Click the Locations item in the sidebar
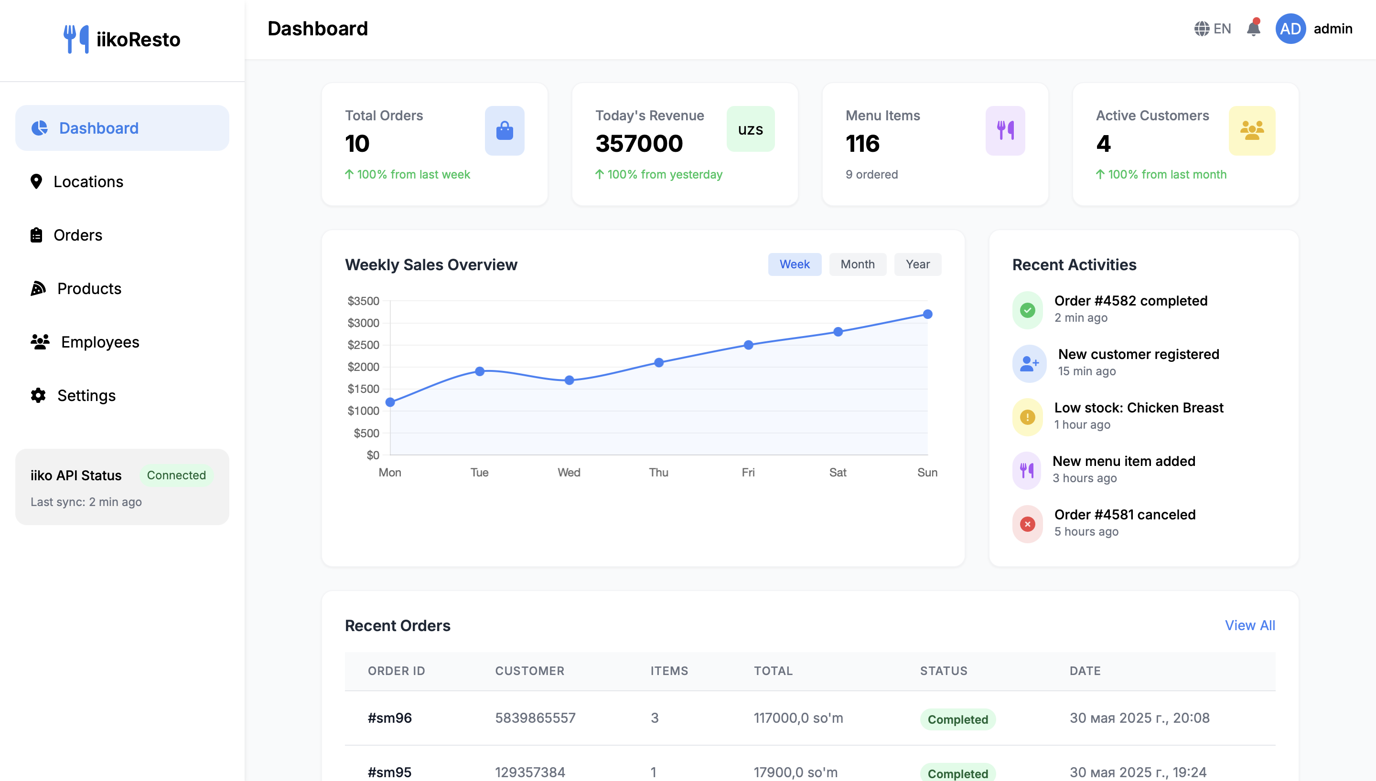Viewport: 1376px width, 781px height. [88, 182]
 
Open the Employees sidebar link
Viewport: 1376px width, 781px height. [100, 342]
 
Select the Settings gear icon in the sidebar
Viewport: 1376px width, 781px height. [38, 396]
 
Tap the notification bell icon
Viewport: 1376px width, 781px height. [1253, 29]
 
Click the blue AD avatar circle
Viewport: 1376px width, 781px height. [1290, 29]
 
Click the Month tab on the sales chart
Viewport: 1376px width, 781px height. [857, 264]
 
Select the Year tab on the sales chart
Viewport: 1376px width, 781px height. [917, 264]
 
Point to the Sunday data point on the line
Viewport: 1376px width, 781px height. [927, 314]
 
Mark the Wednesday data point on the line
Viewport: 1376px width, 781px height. [570, 380]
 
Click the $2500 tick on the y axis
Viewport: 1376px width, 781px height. [363, 345]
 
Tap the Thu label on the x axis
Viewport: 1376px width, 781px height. [658, 473]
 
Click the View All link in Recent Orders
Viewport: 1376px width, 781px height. [1249, 625]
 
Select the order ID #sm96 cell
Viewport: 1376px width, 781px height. [389, 718]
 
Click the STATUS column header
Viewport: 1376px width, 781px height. [944, 671]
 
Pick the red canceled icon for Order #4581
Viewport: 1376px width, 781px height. [1027, 524]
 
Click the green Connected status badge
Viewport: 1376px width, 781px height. [176, 475]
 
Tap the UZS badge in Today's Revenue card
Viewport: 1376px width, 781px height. [750, 129]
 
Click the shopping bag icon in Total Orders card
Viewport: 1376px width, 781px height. [505, 130]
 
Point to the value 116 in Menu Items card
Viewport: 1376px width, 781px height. [862, 144]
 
